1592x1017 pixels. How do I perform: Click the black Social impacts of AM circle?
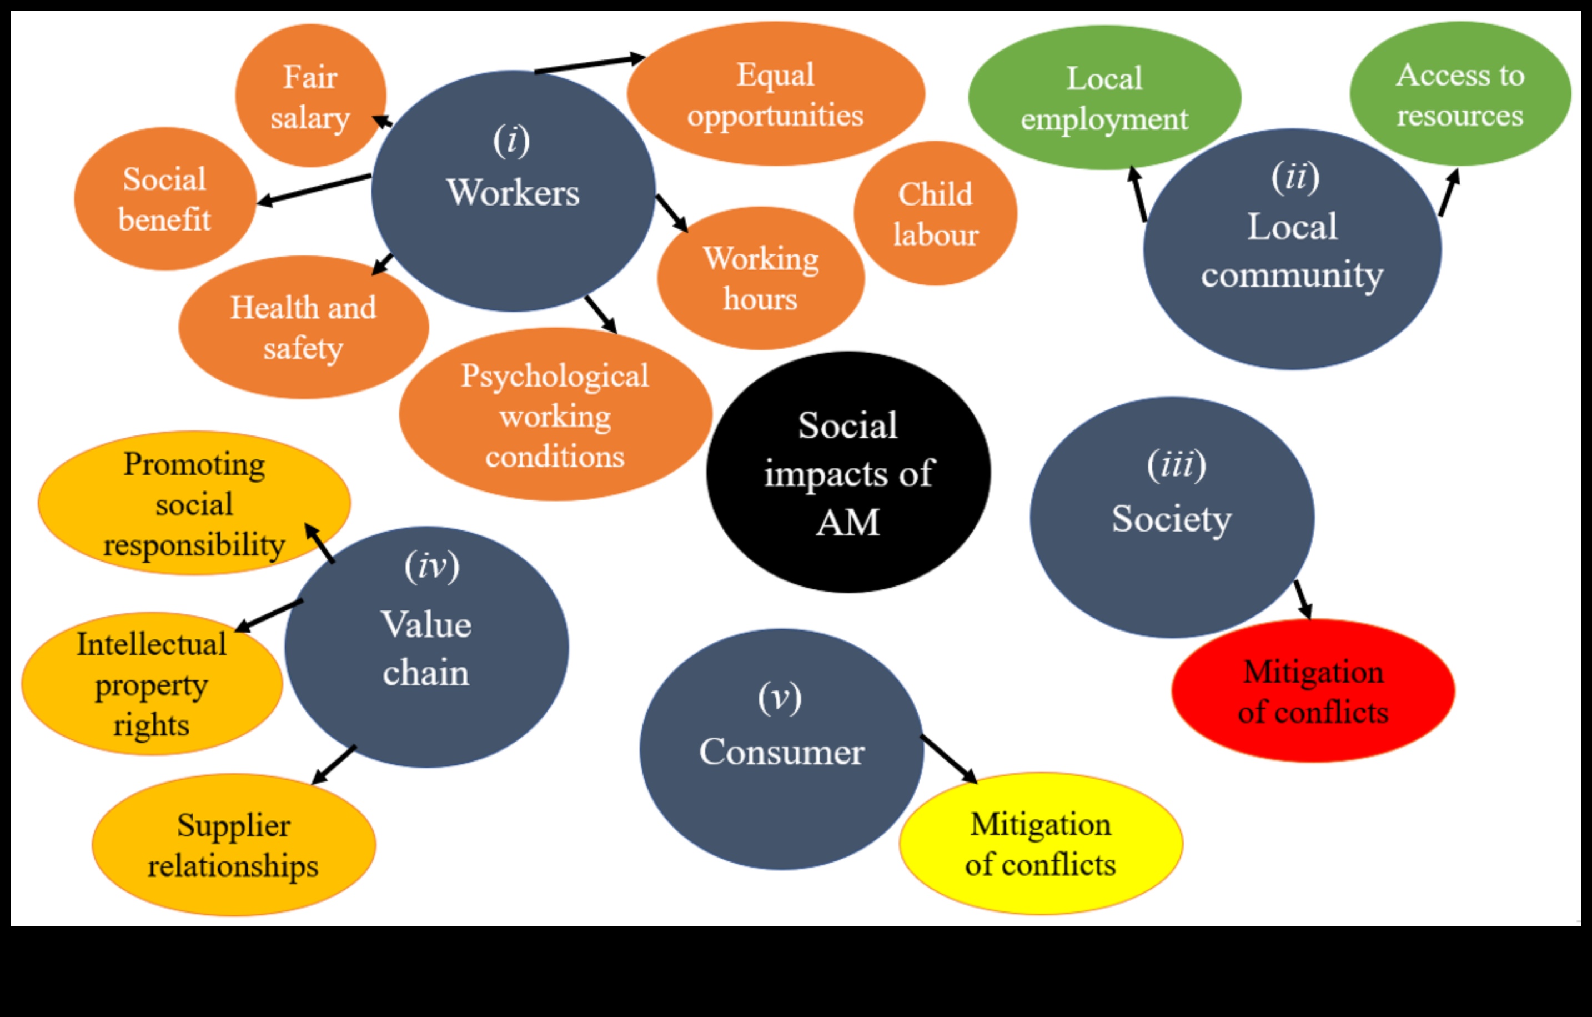[x=848, y=472]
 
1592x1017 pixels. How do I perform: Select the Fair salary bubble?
[x=310, y=96]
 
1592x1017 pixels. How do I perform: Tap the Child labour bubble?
[x=935, y=214]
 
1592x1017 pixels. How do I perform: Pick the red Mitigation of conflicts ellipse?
[x=1313, y=691]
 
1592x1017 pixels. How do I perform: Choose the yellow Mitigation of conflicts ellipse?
[x=1041, y=844]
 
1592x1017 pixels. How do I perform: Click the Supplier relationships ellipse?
[x=233, y=845]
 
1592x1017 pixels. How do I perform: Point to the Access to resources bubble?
[x=1460, y=94]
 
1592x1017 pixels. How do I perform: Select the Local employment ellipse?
[x=1104, y=98]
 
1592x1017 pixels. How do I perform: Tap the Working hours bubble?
[x=760, y=278]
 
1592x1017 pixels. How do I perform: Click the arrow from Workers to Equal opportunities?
[x=589, y=63]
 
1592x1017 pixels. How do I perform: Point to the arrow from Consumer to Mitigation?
[x=949, y=759]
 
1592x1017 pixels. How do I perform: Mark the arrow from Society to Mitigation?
[x=1303, y=600]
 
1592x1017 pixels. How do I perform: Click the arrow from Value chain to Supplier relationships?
[x=334, y=765]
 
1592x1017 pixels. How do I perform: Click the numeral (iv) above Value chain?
[x=431, y=566]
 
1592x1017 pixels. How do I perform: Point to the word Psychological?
[x=555, y=375]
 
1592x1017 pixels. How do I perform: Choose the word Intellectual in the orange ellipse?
[x=152, y=644]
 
